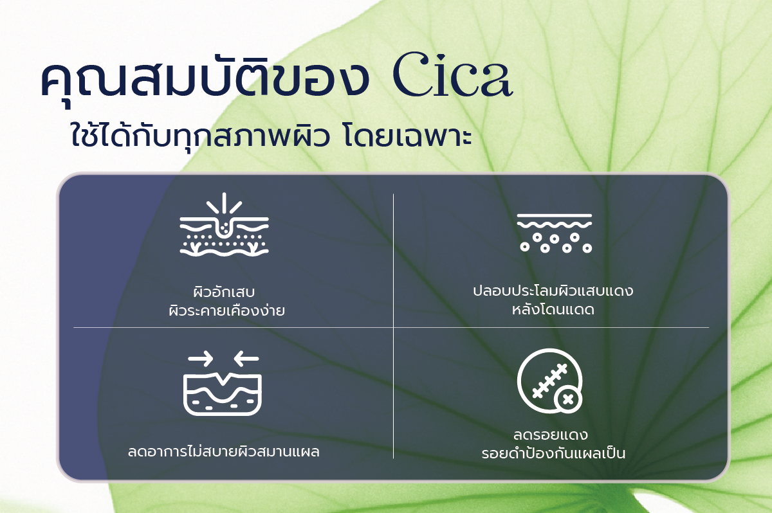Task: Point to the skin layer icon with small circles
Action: [554, 233]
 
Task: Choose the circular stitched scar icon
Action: [549, 381]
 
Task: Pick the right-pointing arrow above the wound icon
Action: [201, 359]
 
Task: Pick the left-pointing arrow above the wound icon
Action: [246, 359]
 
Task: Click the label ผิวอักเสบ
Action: [224, 291]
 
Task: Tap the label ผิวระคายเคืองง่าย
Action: [226, 310]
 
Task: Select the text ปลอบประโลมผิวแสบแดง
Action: [553, 291]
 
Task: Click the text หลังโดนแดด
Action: [553, 309]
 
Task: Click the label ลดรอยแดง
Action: [551, 435]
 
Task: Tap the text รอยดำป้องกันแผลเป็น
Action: [553, 453]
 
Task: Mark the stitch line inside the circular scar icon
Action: [549, 381]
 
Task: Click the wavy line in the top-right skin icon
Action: [554, 225]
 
